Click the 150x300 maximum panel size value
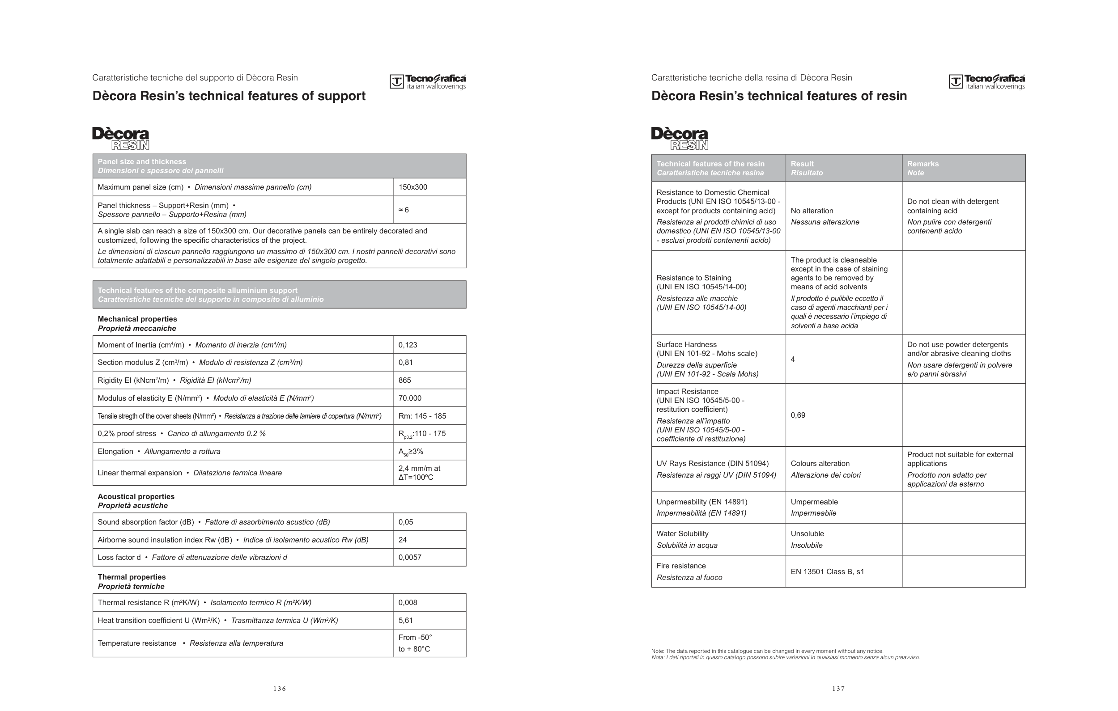413,187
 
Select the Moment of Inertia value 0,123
408,345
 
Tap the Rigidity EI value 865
404,380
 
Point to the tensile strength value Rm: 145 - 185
422,416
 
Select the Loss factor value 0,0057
410,557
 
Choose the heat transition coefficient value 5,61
405,621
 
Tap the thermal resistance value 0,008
408,602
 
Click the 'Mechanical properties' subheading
137,319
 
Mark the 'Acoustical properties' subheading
136,497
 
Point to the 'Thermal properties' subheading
132,577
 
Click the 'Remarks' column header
922,164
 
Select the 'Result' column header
802,164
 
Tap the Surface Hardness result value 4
793,359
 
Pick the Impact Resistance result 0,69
798,415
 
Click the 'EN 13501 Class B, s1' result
827,572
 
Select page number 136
280,689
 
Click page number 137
838,689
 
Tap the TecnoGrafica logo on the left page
428,82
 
